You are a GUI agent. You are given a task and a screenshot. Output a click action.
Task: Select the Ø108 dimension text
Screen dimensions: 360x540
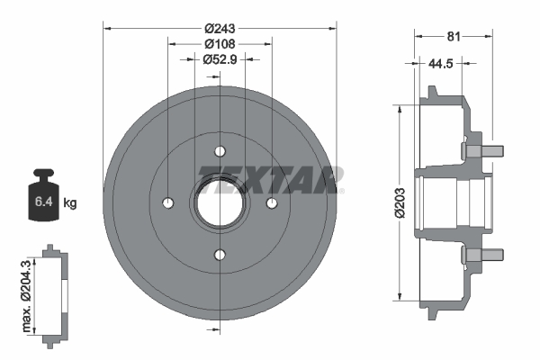[x=220, y=42]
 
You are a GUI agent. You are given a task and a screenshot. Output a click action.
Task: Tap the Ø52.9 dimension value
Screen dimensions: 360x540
[x=220, y=59]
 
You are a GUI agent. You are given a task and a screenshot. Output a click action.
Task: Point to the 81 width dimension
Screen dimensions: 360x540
[x=454, y=38]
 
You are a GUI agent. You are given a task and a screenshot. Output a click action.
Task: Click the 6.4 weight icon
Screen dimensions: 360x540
[x=43, y=200]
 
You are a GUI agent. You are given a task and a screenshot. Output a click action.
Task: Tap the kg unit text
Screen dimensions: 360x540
[x=70, y=203]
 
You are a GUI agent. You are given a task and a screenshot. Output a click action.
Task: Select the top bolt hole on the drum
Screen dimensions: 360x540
[x=220, y=151]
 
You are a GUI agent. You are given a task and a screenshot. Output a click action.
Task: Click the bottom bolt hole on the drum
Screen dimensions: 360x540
[x=220, y=255]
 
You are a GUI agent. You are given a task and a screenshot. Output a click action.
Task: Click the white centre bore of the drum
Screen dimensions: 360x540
[x=220, y=202]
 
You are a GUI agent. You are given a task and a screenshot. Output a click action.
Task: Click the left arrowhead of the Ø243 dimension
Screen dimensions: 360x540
[x=109, y=28]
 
